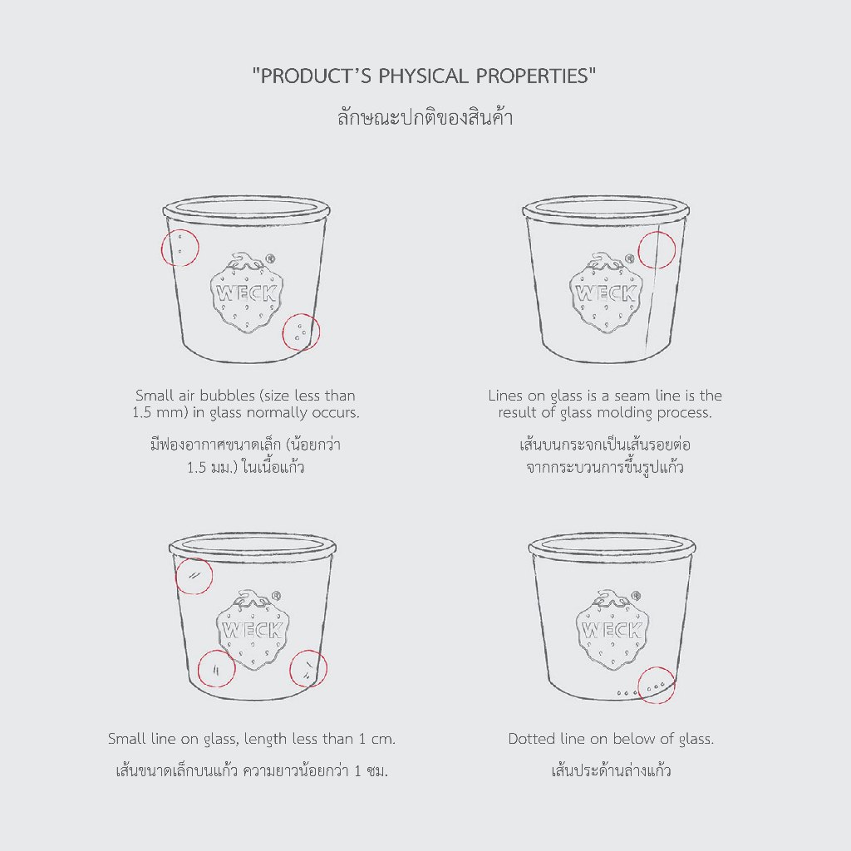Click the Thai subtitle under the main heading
coord(425,116)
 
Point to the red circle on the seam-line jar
coord(638,250)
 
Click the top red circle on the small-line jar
coord(175,576)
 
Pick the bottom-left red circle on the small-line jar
coord(198,668)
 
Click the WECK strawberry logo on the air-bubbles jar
coord(247,292)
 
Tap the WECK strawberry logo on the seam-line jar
coord(606,292)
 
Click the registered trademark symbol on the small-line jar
coord(276,595)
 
